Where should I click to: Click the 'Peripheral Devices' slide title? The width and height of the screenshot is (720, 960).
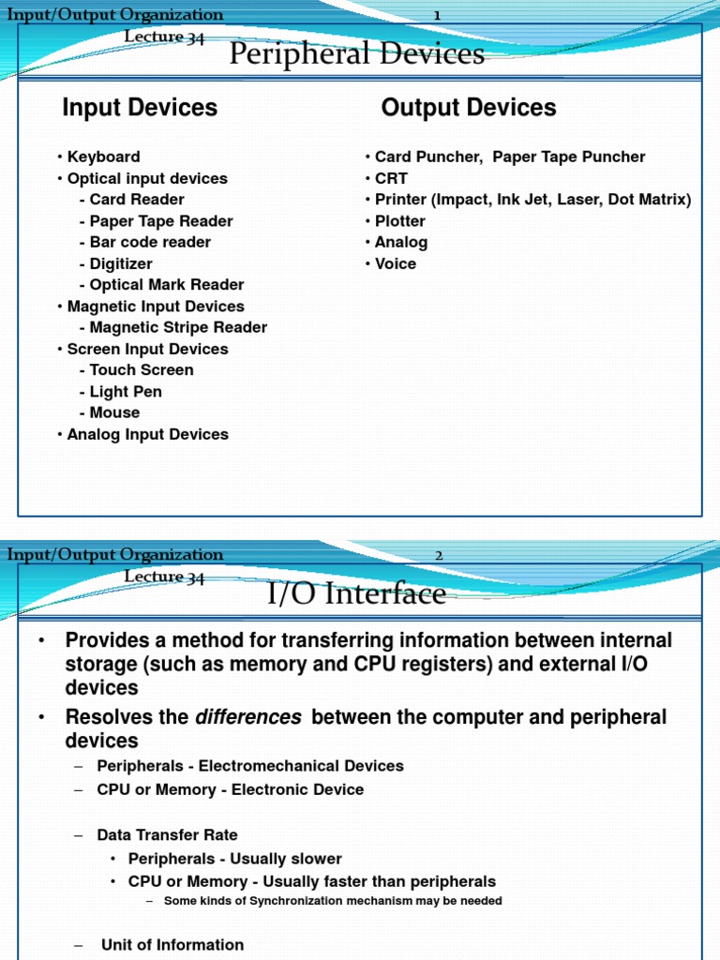coord(357,54)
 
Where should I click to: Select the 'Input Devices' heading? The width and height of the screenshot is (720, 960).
coord(140,108)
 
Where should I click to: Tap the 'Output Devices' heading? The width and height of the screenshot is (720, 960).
coord(469,108)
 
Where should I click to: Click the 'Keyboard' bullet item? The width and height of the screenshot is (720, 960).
coord(103,157)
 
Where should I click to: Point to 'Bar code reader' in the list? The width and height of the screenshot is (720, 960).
coord(150,242)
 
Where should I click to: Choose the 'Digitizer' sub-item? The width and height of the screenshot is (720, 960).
coord(121,263)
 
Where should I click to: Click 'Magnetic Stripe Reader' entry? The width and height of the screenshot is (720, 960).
coord(178,327)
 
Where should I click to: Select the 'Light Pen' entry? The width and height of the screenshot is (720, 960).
coord(126,392)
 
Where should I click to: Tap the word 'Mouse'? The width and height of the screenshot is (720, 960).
coord(114,412)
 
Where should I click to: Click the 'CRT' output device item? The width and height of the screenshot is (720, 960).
coord(391,178)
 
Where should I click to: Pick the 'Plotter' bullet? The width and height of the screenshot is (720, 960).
coord(399,221)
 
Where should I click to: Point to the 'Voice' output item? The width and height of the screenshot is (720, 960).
coord(395,263)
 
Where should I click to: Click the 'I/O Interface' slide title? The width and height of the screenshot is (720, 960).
coord(357,593)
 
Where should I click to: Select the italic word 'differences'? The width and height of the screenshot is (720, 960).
coord(247,717)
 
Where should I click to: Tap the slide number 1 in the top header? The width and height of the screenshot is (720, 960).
coord(437,15)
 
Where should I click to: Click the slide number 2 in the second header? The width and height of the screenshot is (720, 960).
coord(438,555)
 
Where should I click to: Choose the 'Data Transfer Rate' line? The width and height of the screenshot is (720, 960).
coord(167,834)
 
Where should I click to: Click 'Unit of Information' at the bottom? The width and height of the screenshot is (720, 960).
coord(172,945)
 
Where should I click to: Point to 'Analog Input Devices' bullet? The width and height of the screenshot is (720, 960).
coord(147,434)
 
